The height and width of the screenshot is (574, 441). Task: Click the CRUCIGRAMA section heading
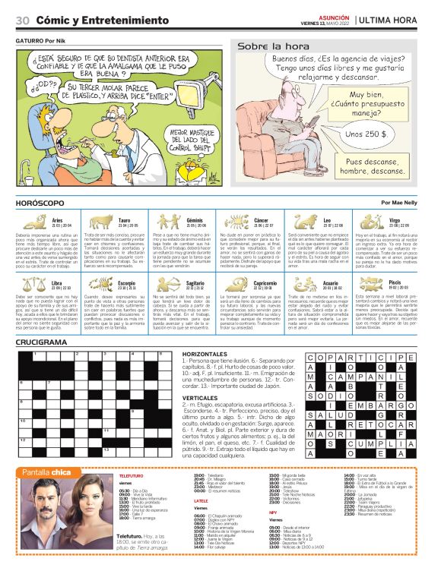[x=42, y=343]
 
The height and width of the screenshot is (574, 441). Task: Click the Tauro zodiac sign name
[x=124, y=220]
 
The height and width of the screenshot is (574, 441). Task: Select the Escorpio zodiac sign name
[x=126, y=282]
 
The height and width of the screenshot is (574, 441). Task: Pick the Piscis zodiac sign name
[x=394, y=282]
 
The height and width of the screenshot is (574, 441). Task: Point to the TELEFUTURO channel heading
[x=131, y=475]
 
